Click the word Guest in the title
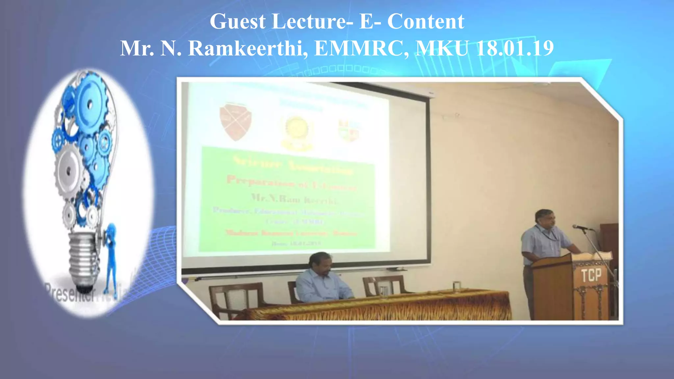tap(238, 22)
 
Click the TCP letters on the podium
tap(591, 275)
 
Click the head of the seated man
tap(320, 262)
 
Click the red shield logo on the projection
tap(236, 121)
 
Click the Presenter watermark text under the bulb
tap(69, 293)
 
